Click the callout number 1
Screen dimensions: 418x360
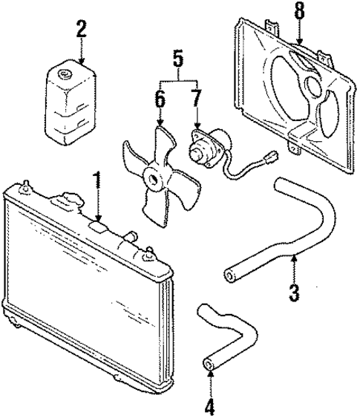(x=96, y=180)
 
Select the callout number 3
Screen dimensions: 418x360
(x=295, y=292)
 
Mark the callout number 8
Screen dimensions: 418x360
(x=299, y=12)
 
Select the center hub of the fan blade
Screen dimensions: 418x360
(x=154, y=177)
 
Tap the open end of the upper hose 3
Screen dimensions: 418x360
(x=229, y=278)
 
